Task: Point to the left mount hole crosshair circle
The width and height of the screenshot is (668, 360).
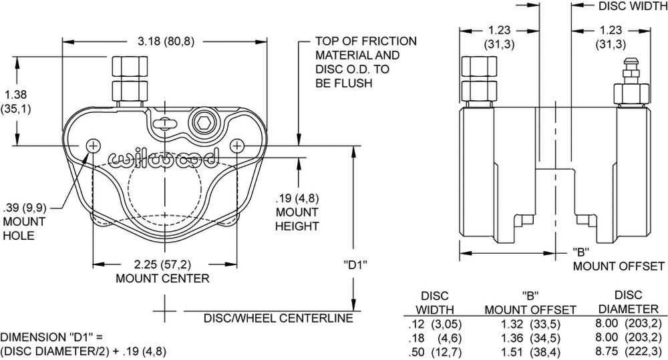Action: click(x=93, y=145)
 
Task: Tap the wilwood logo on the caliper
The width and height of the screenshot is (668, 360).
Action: click(x=163, y=158)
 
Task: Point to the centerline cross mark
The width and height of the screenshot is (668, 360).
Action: click(x=165, y=311)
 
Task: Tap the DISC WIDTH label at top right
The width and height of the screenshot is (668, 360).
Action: click(x=631, y=7)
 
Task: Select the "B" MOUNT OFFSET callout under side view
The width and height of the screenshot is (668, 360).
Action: click(x=618, y=259)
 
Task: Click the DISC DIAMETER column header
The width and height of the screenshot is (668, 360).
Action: click(x=628, y=302)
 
